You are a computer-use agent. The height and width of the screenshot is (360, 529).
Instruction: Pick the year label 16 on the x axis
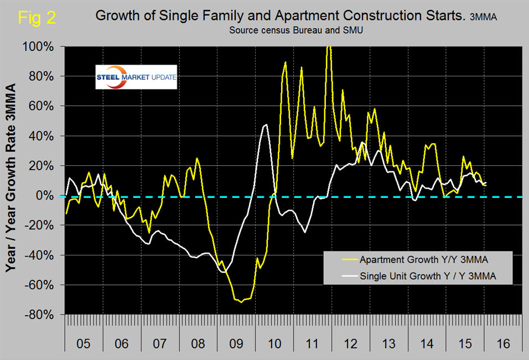click(503, 343)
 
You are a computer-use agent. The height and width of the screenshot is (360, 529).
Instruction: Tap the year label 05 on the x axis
click(84, 343)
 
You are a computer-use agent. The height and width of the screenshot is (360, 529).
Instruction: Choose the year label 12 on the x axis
click(350, 343)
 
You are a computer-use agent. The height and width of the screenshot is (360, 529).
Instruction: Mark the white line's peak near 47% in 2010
click(266, 125)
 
